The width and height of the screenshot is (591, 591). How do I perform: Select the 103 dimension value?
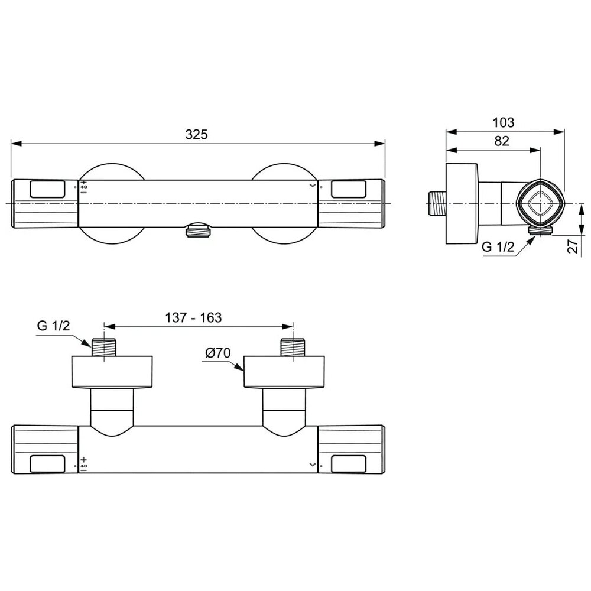tap(504, 123)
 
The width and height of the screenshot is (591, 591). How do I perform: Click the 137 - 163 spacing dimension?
tap(193, 317)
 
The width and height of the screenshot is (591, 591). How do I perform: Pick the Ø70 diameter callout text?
tap(218, 353)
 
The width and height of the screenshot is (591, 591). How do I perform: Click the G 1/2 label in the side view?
tap(498, 247)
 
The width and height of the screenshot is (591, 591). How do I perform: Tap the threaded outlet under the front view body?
tap(198, 231)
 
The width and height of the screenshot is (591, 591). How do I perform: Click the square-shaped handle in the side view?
tap(538, 203)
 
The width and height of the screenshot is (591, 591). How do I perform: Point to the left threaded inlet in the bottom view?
tap(105, 348)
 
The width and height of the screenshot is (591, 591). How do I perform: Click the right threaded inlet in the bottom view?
tap(293, 348)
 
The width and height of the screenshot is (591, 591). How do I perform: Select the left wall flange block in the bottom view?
tap(112, 372)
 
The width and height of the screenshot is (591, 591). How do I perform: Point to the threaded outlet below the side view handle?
tap(540, 231)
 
